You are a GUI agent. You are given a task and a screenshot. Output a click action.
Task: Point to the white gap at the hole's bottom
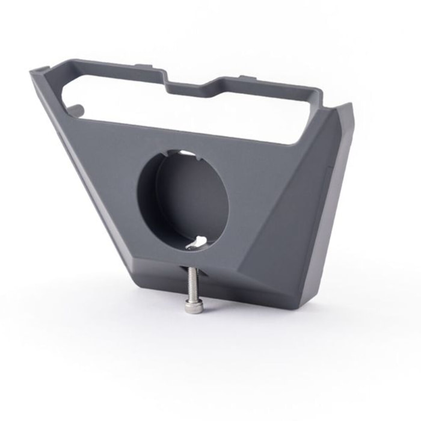click(x=198, y=242)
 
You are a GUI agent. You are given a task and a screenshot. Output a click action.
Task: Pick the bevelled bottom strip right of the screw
click(x=253, y=289)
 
